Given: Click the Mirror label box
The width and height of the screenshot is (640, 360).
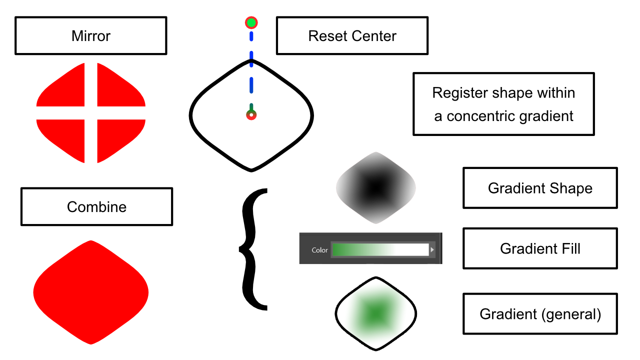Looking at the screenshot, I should click(90, 36).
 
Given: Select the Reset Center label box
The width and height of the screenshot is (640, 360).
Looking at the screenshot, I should click(352, 36).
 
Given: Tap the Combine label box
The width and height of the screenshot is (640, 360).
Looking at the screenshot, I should click(96, 207).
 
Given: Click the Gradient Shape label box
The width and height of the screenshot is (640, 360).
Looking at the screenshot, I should click(540, 188).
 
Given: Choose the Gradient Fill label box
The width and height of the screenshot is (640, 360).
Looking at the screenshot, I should click(540, 248).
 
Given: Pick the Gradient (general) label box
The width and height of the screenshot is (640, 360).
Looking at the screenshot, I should click(540, 314).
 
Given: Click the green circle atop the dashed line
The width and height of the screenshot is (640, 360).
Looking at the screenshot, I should click(251, 22).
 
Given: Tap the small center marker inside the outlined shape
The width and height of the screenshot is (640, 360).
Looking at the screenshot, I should click(251, 115).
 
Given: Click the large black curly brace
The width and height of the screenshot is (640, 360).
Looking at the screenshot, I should click(254, 249).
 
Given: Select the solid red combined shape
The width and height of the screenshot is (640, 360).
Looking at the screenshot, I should click(91, 291).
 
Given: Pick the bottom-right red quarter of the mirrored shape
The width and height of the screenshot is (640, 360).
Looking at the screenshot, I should click(118, 139).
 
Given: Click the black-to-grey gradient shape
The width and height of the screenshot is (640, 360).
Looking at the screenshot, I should click(376, 187).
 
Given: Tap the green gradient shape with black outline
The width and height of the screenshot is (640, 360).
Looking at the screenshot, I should click(375, 314).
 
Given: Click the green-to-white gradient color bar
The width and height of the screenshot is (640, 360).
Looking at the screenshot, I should click(380, 249).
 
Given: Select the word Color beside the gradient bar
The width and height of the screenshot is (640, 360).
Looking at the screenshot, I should click(319, 250).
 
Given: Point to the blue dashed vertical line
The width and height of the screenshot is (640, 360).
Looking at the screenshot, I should click(251, 75).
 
